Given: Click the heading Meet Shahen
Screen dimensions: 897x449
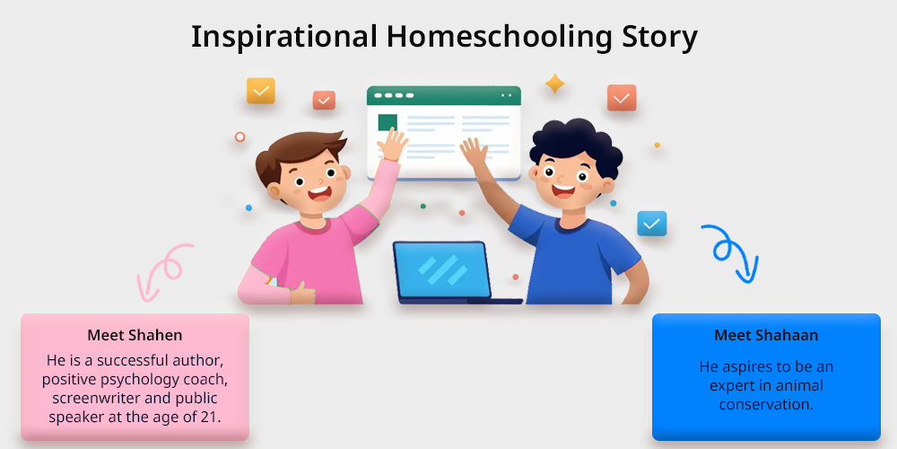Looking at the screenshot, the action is [135, 335].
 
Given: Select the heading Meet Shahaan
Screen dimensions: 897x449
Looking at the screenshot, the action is [766, 335].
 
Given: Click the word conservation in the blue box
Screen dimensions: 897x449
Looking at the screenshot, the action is [766, 404].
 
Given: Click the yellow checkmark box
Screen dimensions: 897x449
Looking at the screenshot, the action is [261, 91].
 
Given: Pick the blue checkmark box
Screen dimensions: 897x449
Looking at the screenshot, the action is [651, 224].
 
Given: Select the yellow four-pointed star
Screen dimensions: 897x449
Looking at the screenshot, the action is [554, 84].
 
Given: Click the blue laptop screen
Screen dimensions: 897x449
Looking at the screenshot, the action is [441, 269].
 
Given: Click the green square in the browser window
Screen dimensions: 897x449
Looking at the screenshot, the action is [388, 122].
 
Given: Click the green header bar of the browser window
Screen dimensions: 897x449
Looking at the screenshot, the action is [444, 96].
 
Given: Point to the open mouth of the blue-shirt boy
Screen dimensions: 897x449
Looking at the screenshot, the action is [563, 189].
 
